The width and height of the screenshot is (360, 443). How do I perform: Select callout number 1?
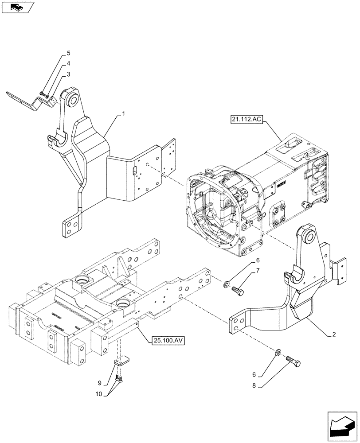(x=123, y=114)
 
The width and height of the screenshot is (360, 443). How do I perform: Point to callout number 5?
(x=68, y=53)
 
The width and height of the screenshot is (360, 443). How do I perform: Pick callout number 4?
(x=68, y=63)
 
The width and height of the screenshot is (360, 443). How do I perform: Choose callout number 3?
(x=68, y=74)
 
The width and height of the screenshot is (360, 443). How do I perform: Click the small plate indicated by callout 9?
(x=121, y=363)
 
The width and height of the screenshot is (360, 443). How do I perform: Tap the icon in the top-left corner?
(x=17, y=7)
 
